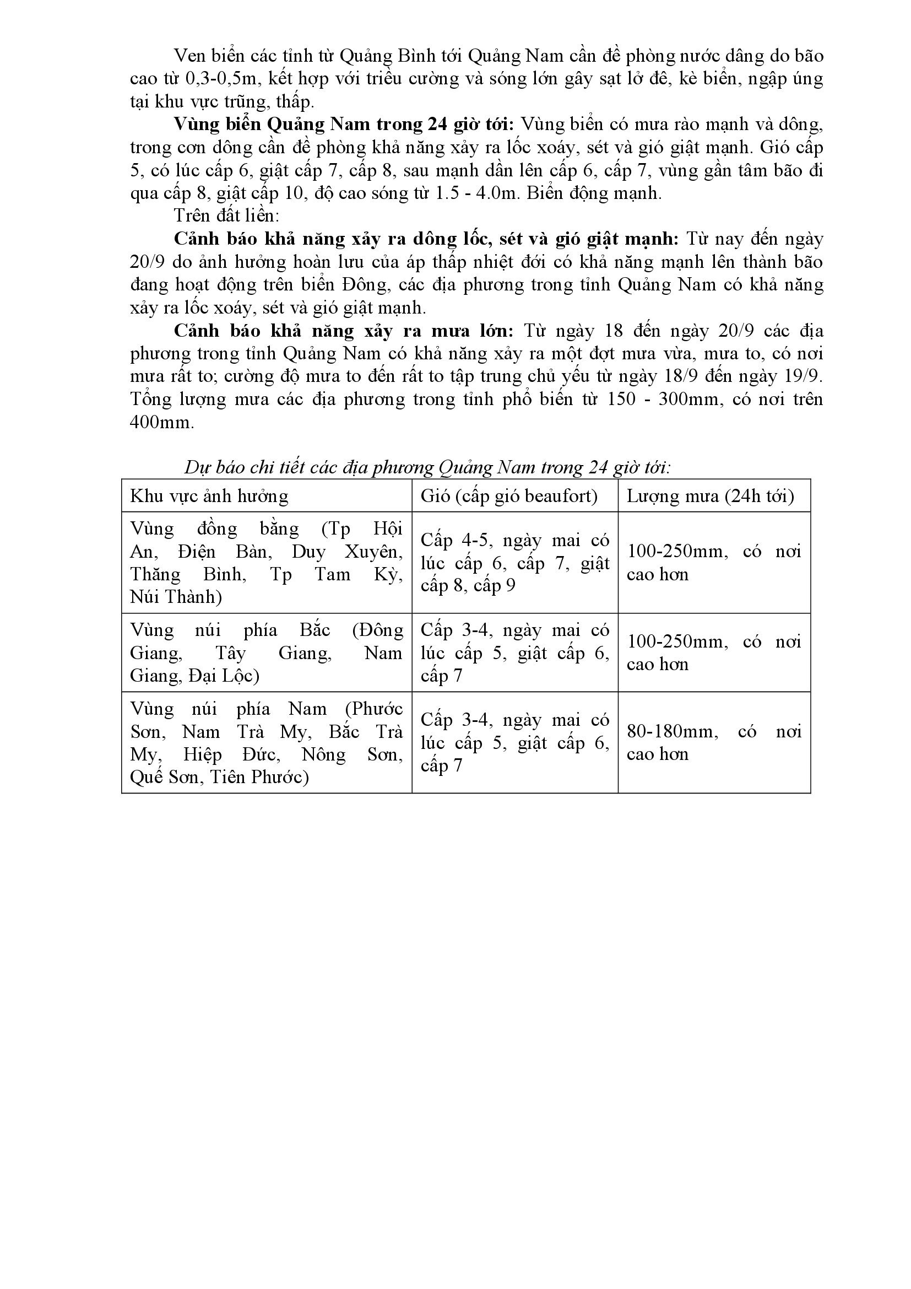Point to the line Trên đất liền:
226,215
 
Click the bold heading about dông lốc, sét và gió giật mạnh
426,239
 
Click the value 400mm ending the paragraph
161,422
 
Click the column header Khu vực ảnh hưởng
209,497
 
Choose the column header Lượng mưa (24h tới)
710,497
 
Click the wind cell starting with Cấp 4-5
515,563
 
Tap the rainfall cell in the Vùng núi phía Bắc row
713,652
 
